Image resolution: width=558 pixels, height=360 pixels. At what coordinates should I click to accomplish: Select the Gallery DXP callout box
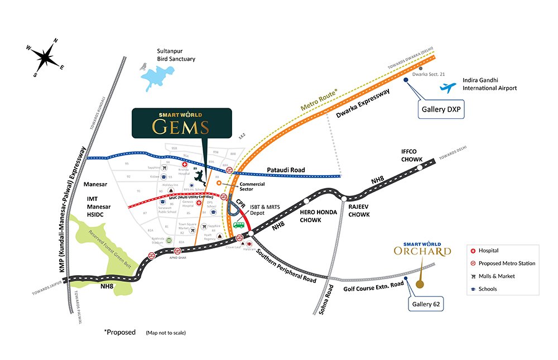pyautogui.click(x=440, y=111)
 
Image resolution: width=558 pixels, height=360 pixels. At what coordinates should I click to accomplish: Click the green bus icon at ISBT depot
pyautogui.click(x=239, y=225)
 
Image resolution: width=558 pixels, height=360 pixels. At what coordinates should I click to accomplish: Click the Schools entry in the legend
pyautogui.click(x=487, y=289)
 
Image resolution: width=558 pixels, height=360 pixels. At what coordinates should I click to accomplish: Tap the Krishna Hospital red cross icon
pyautogui.click(x=185, y=166)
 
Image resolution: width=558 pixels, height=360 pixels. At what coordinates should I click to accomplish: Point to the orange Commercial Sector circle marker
pyautogui.click(x=219, y=183)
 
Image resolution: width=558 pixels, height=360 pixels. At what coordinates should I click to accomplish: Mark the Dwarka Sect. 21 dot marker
pyautogui.click(x=413, y=69)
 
